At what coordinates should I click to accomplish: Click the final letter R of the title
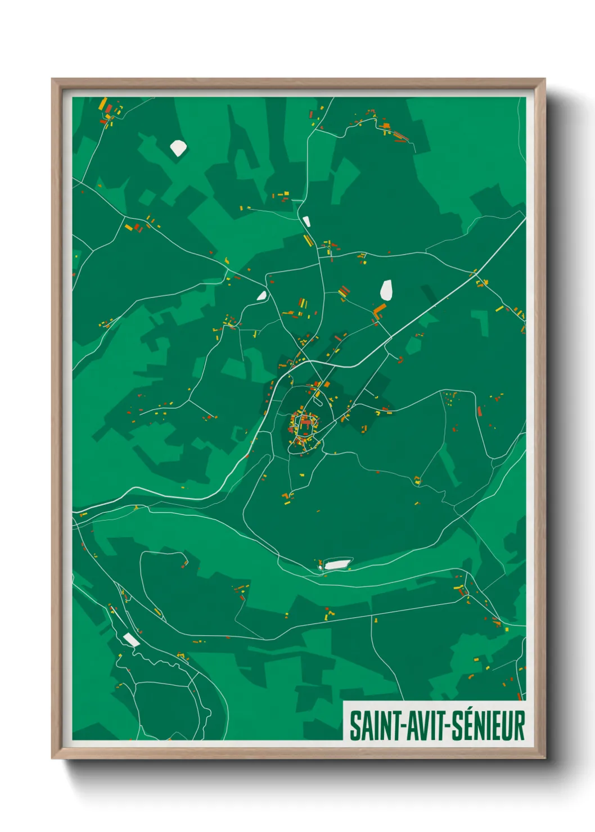click(519, 726)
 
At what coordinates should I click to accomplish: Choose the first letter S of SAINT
click(355, 726)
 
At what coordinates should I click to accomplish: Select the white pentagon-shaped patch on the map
click(178, 148)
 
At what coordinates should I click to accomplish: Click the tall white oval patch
click(386, 290)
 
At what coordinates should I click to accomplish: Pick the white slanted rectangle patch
click(131, 639)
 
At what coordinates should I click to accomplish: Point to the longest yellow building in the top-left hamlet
click(103, 105)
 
